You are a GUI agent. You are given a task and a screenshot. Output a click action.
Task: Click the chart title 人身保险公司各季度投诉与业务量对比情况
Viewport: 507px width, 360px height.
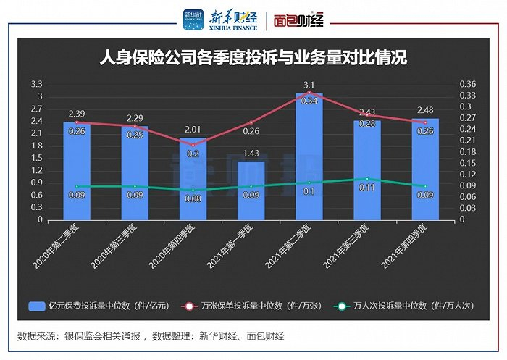253,58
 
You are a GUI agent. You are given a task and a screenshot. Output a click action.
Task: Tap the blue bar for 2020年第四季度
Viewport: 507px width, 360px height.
193,181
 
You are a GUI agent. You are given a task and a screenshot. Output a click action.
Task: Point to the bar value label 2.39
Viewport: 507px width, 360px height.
77,114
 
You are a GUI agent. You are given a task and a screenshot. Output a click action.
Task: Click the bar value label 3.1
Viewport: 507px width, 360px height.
309,85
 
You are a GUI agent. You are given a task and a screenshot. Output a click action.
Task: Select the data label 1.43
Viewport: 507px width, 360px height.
251,153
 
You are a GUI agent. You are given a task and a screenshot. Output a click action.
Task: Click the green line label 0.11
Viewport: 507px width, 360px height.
367,187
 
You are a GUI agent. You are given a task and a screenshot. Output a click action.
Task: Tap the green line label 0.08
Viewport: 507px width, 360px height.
193,198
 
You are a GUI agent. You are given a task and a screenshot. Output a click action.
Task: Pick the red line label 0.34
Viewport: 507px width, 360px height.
309,101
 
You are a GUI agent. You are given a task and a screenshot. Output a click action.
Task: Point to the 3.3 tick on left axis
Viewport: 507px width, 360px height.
38,84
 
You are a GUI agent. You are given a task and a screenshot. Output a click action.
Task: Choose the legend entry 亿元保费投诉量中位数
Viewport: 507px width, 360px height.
99,306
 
